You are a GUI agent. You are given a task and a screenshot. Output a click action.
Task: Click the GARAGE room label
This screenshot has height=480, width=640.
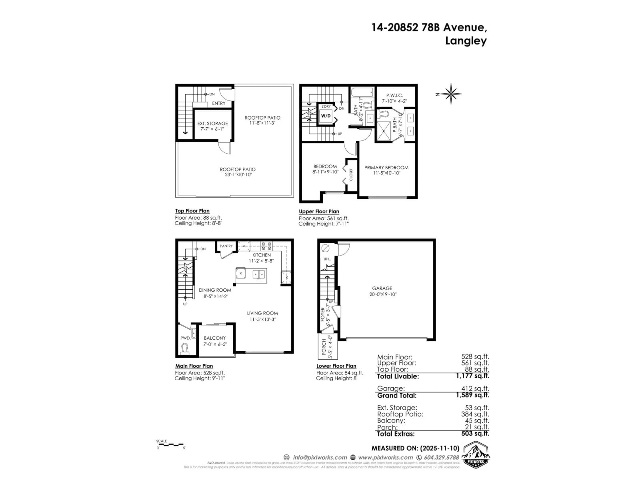point(382,288)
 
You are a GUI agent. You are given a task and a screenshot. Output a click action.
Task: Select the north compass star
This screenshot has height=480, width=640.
point(451,94)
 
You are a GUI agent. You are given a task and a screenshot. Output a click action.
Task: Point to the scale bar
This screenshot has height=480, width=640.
point(171,444)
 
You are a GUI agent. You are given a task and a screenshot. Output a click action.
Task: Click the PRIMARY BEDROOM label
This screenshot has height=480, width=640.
point(386,167)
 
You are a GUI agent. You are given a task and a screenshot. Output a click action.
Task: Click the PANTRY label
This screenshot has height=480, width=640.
point(226,246)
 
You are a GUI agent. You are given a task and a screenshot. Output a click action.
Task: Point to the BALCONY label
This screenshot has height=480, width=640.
point(215,338)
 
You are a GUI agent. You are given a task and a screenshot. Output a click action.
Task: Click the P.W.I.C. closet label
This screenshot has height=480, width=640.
point(395,95)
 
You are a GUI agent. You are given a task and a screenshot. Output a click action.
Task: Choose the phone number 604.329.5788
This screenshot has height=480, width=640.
point(441,457)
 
